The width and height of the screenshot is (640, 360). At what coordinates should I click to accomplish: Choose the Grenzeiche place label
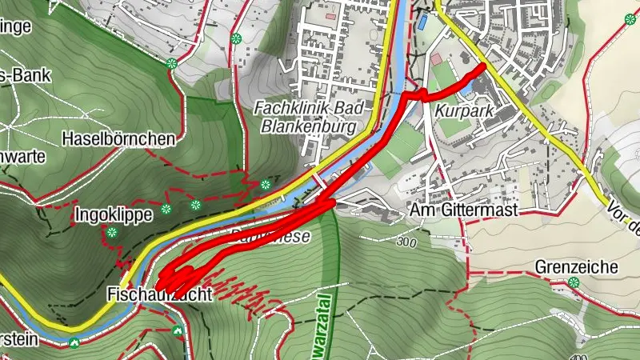pyautogui.click(x=576, y=266)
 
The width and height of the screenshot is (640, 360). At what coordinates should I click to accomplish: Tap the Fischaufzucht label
pyautogui.click(x=160, y=294)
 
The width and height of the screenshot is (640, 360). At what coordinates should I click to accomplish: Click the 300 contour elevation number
pyautogui.click(x=406, y=242)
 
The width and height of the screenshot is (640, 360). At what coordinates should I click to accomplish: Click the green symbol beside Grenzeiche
pyautogui.click(x=574, y=282)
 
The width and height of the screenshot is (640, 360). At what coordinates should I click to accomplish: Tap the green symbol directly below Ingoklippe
pyautogui.click(x=112, y=233)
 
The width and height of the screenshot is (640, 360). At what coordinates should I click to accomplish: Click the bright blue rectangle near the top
pyautogui.click(x=421, y=22)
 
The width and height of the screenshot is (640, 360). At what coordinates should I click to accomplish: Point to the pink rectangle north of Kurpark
pyautogui.click(x=435, y=59)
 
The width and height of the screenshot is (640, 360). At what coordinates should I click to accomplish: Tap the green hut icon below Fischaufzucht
pyautogui.click(x=177, y=330)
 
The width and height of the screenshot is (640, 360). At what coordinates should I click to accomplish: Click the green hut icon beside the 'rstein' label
pyautogui.click(x=74, y=343)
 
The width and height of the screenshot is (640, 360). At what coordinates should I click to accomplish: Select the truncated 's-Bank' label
pyautogui.click(x=26, y=76)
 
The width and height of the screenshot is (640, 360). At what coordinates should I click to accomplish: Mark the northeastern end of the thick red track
pyautogui.click(x=482, y=67)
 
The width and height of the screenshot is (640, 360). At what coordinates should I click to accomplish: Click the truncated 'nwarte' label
pyautogui.click(x=22, y=157)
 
